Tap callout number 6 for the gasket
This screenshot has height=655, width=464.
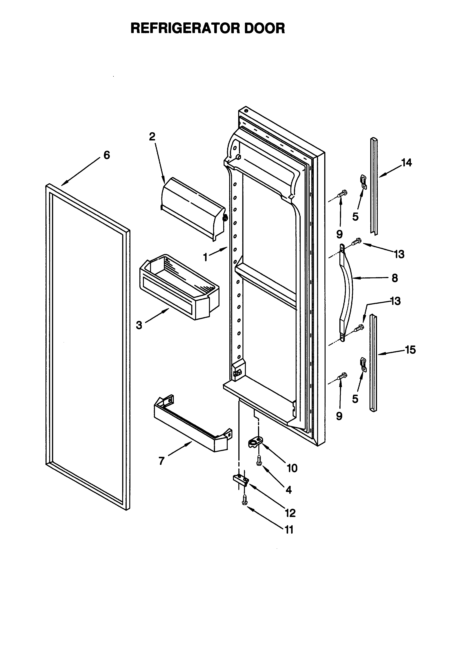coord(106,155)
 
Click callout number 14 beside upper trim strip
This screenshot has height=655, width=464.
coord(407,163)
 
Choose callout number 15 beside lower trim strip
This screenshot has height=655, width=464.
coord(410,350)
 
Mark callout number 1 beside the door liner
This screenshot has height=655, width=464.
coord(205,257)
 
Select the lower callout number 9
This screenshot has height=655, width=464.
coord(339,416)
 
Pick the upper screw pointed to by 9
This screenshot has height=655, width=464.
coord(342,194)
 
